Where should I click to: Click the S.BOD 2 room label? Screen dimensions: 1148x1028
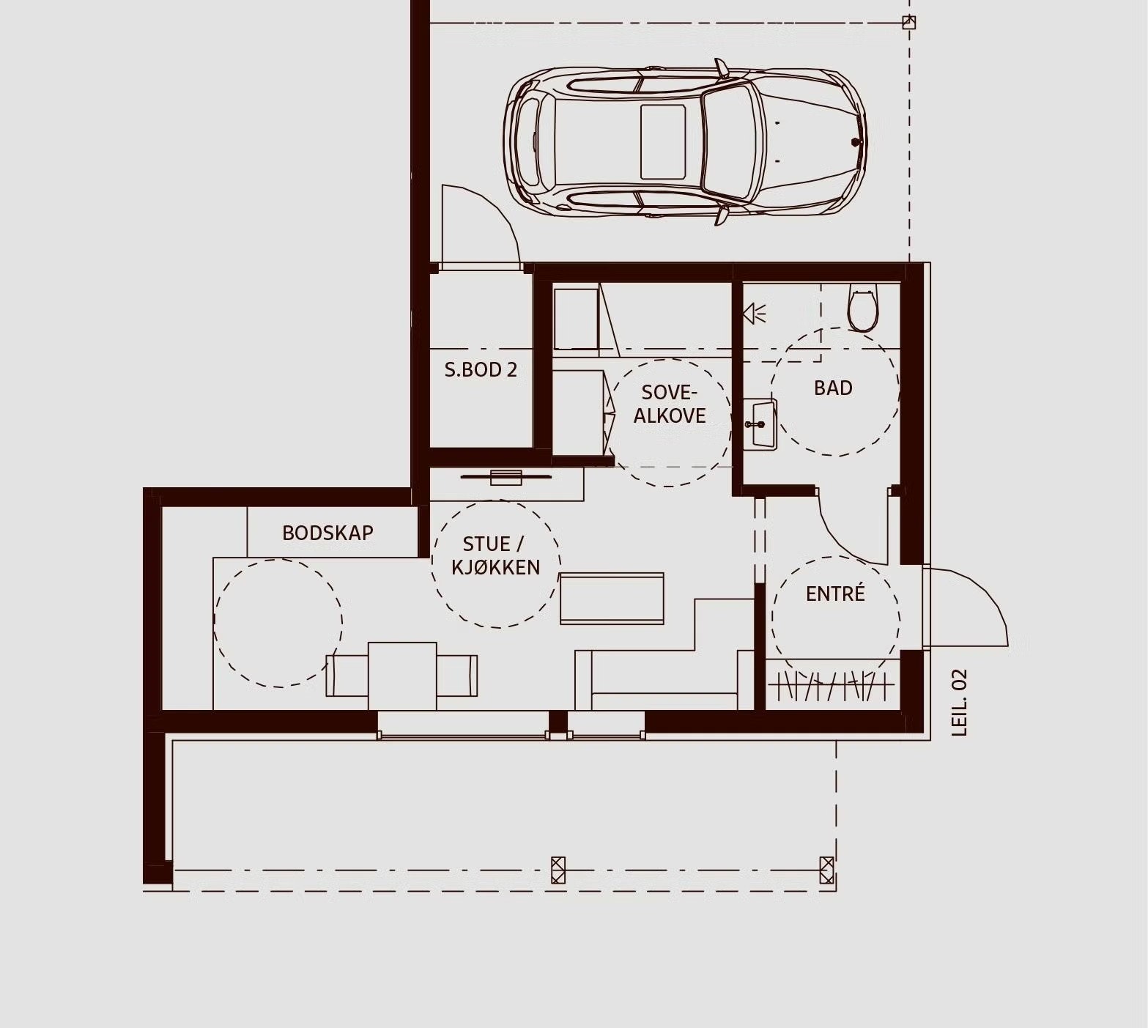click(481, 369)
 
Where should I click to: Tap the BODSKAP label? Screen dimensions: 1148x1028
click(327, 533)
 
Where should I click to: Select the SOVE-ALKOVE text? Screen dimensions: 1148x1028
click(670, 404)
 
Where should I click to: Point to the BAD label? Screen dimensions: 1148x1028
click(833, 388)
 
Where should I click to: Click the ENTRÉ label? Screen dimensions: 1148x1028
click(835, 593)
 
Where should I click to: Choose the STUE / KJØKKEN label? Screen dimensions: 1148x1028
click(495, 555)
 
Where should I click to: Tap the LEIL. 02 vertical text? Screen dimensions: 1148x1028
click(959, 702)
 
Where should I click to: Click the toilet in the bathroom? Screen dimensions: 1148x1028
click(862, 308)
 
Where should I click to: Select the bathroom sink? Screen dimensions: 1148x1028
click(759, 424)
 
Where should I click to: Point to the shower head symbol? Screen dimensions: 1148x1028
click(754, 314)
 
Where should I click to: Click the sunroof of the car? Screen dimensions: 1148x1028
click(663, 141)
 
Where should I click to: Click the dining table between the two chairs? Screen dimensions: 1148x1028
click(402, 676)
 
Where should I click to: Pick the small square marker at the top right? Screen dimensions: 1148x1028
click(908, 23)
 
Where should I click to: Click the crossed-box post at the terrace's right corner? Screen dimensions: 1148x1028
click(826, 870)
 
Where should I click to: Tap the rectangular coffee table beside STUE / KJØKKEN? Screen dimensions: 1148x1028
click(612, 599)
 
